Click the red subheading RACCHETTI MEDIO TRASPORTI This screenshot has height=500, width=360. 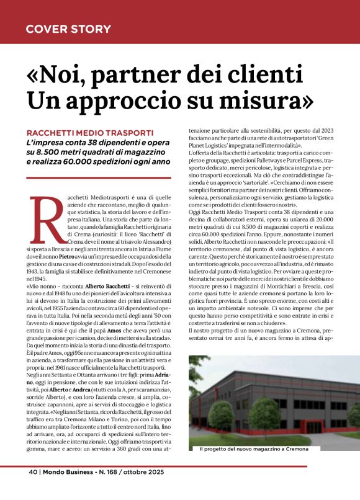pos(90,133)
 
